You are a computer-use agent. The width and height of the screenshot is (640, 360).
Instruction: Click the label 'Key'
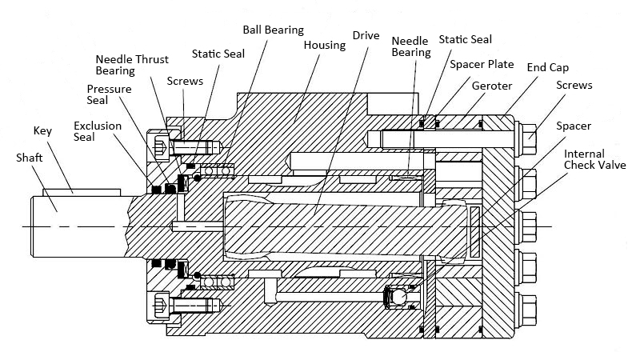click(x=42, y=130)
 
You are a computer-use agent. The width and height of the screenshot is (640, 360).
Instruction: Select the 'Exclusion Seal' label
click(x=94, y=132)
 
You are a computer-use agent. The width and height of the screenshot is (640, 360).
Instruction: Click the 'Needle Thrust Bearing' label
click(x=126, y=65)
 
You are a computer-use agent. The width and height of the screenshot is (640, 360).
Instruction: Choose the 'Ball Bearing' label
click(x=273, y=30)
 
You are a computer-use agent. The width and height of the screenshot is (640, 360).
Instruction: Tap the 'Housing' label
click(x=324, y=45)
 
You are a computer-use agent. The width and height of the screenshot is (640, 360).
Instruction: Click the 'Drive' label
click(x=365, y=36)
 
